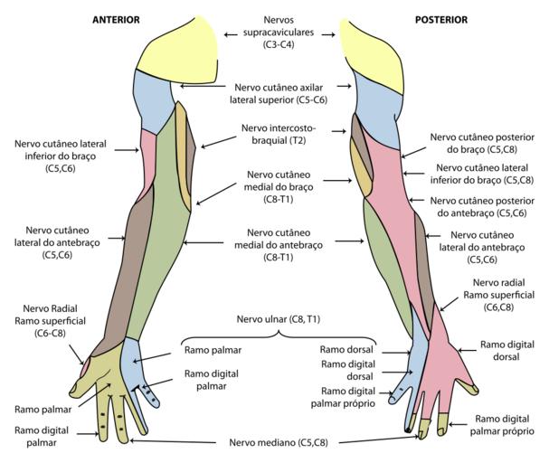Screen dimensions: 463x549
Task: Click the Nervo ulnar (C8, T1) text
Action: pos(278,320)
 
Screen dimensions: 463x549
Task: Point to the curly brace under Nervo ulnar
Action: pos(278,335)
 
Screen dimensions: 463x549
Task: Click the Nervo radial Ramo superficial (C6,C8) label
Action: pos(498,295)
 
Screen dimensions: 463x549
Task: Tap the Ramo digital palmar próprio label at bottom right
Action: pos(502,424)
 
